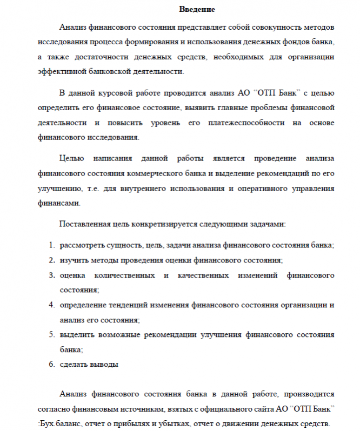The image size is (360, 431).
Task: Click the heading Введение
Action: [x=197, y=9]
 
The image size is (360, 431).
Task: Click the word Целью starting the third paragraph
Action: [x=72, y=159]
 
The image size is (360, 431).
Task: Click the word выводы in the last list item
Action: [x=105, y=364]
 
